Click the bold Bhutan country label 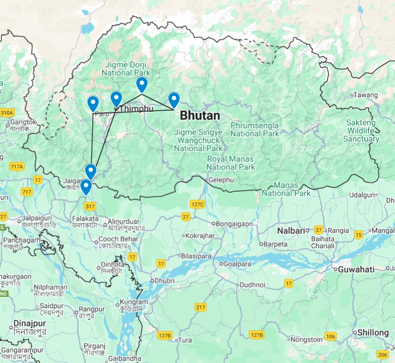click(200, 115)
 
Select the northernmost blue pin click(141, 85)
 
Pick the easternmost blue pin click(174, 100)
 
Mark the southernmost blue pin click(86, 187)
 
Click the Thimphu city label click(136, 108)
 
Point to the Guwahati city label click(356, 269)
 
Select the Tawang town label click(365, 95)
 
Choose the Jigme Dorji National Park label click(126, 69)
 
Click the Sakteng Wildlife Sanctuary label click(362, 131)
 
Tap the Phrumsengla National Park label click(255, 129)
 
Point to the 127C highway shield click(197, 204)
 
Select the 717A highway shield click(16, 166)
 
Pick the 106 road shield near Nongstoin click(330, 336)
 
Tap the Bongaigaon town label click(234, 224)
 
